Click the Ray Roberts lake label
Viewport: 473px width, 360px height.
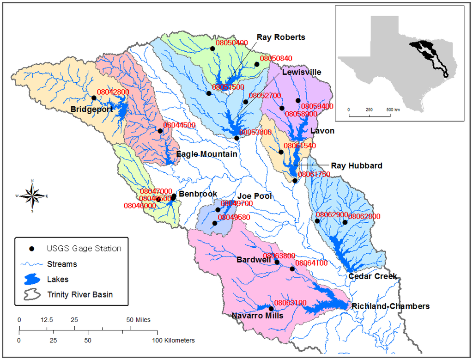point(281,37)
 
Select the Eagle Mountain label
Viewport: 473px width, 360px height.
point(207,154)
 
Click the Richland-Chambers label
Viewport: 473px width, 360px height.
point(390,306)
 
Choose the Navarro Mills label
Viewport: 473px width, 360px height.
point(258,316)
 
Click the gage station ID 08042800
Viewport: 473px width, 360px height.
point(113,92)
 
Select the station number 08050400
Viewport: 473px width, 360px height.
point(231,43)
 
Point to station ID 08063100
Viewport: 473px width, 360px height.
point(291,303)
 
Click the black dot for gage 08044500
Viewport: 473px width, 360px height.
point(160,131)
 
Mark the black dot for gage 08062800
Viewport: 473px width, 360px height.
point(345,222)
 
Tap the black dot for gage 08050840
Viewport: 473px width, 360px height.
point(257,64)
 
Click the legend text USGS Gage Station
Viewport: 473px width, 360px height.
point(84,249)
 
